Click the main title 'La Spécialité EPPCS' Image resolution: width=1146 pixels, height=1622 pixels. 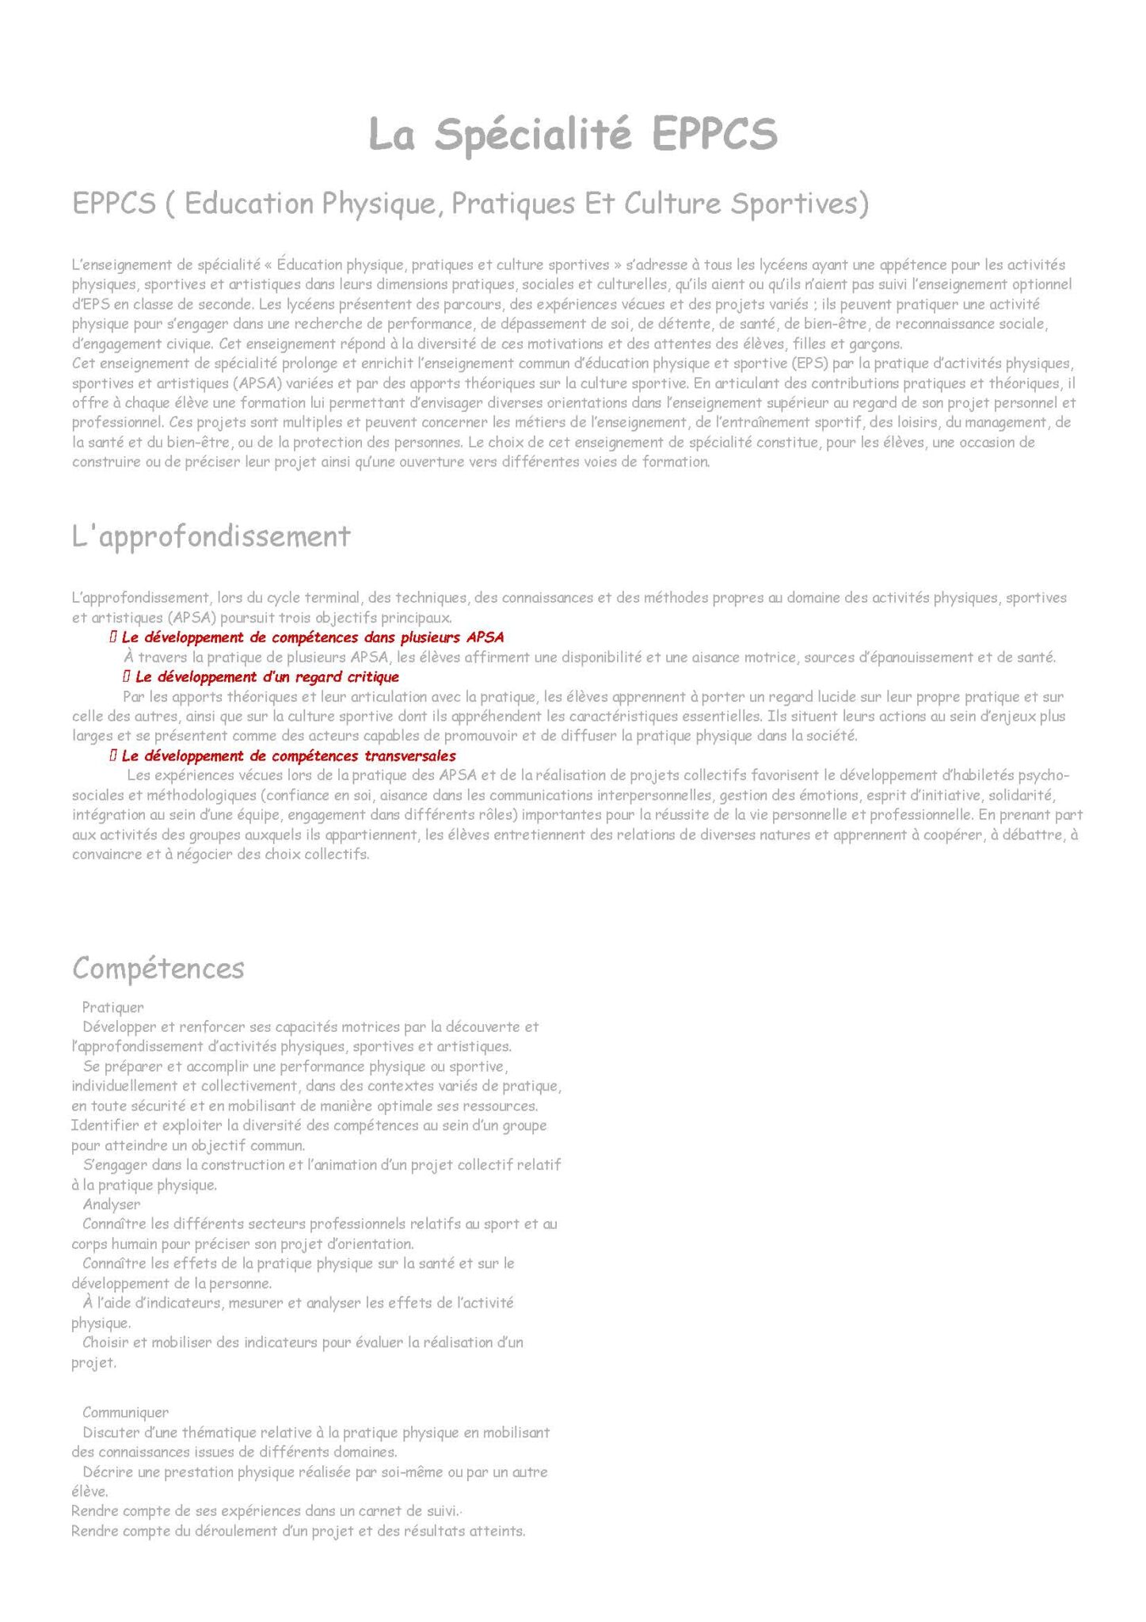coord(573,134)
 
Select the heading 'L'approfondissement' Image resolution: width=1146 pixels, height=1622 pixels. coord(211,536)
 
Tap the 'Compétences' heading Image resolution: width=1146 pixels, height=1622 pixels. coord(158,967)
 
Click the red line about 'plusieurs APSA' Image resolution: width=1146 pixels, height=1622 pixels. coord(312,637)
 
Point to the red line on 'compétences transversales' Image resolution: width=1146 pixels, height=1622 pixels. coord(288,756)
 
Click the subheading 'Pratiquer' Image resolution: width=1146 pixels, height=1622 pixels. coord(113,1007)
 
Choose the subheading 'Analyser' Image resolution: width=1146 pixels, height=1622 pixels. coord(112,1204)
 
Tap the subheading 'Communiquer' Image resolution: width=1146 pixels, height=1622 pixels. coord(125,1412)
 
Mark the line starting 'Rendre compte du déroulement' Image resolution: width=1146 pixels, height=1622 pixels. coord(298,1531)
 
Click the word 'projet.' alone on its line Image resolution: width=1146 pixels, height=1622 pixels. coord(93,1363)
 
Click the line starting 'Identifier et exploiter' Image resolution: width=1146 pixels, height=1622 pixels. coord(309,1125)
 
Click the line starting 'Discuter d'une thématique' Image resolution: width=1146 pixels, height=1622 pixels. coord(315,1432)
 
